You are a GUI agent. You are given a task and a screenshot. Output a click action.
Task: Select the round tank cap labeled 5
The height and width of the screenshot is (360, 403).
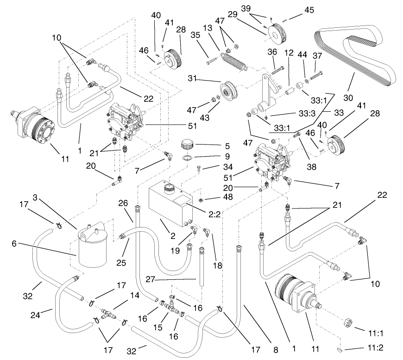pyautogui.click(x=188, y=144)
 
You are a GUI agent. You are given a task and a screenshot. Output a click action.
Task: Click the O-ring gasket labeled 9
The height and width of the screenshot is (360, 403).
pyautogui.click(x=188, y=158)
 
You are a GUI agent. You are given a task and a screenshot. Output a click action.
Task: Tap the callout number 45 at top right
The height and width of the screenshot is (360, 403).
pyautogui.click(x=309, y=10)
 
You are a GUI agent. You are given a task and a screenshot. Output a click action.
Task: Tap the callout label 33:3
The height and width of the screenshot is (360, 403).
pyautogui.click(x=293, y=113)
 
